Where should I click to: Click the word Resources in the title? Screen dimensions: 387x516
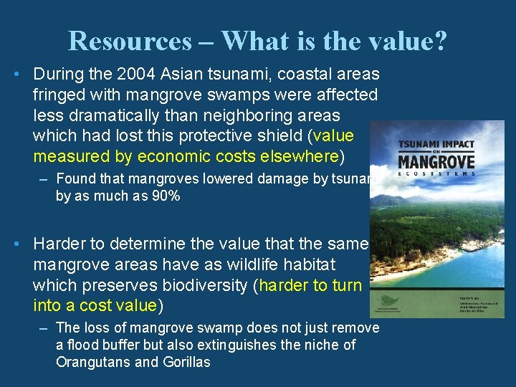click(130, 41)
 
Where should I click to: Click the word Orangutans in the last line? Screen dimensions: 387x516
click(90, 362)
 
